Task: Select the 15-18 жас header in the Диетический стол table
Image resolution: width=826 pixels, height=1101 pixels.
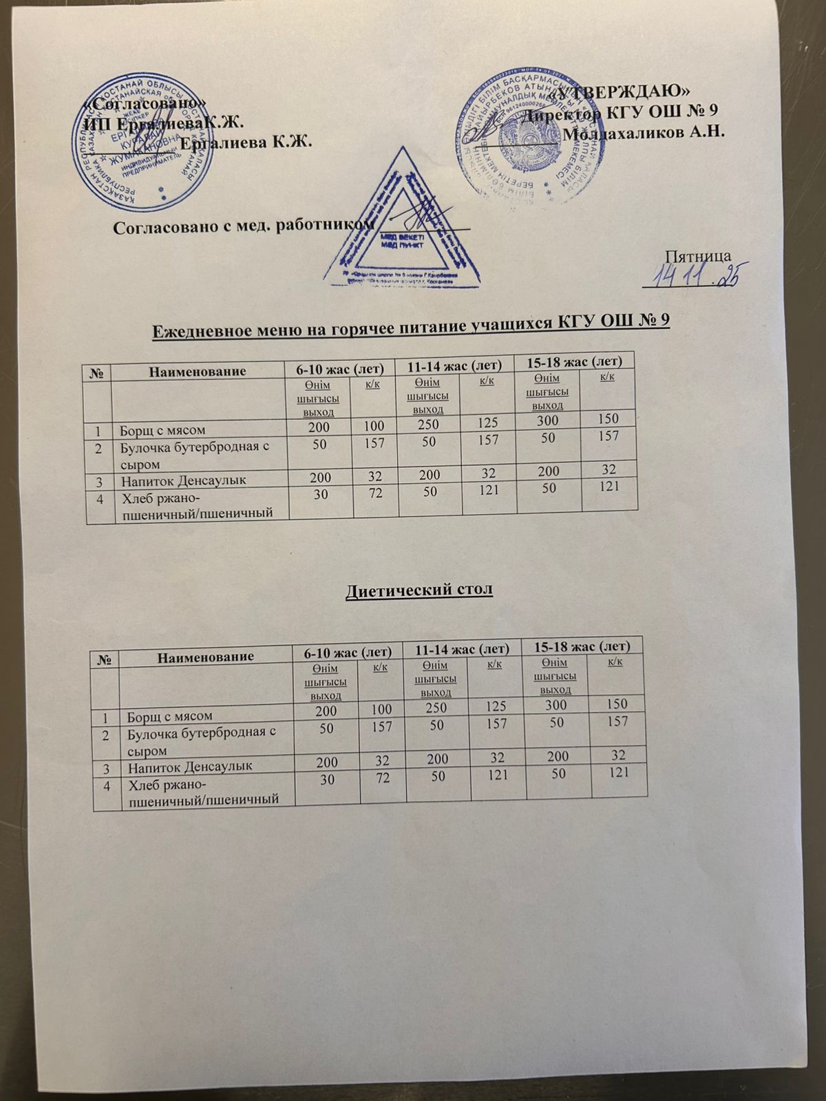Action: pos(583,646)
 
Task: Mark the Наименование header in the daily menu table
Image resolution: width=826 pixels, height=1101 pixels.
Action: pos(196,372)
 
